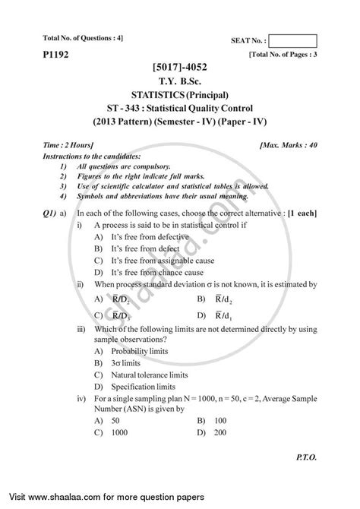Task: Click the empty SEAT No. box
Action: point(293,42)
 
